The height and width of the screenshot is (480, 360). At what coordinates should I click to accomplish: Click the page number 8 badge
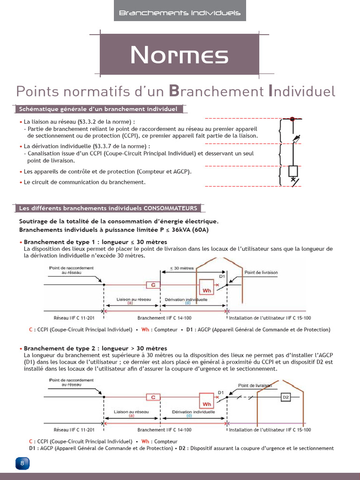point(22,464)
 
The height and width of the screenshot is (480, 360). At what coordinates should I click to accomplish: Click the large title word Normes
point(180,56)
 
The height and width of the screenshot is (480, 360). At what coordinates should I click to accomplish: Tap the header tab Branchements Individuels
point(180,13)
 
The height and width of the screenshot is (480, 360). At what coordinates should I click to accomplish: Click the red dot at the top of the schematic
point(292,120)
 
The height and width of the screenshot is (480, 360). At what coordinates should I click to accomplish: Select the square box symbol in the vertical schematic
point(293,170)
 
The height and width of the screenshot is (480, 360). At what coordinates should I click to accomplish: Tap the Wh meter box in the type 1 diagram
point(207,287)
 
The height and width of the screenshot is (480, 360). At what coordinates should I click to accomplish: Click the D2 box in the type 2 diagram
point(286,397)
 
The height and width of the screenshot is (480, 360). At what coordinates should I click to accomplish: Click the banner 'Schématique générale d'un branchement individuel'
point(98,109)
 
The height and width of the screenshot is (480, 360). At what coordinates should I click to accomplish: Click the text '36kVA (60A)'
point(190,230)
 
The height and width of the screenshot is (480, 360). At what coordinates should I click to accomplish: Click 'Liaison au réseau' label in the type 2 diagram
point(131,412)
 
